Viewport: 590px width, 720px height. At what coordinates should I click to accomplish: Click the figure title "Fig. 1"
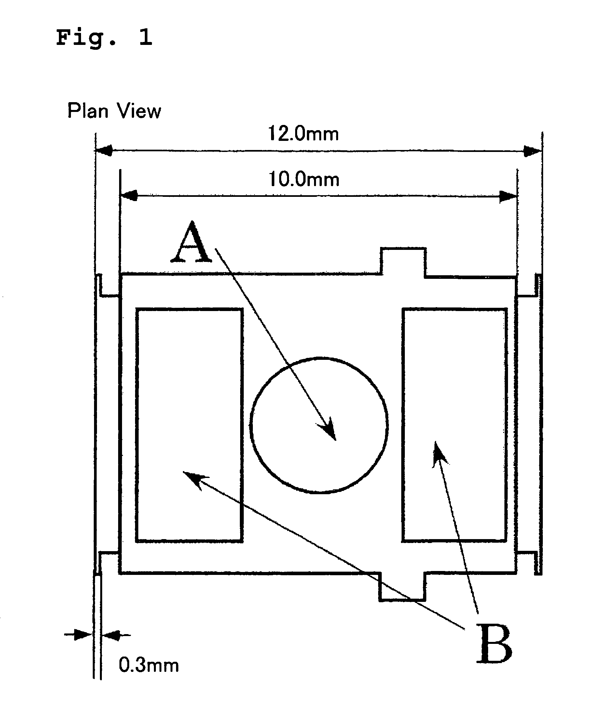pyautogui.click(x=104, y=38)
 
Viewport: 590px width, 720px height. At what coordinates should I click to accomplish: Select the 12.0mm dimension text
pyautogui.click(x=303, y=133)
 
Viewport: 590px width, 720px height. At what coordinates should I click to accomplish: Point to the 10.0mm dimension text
pyautogui.click(x=304, y=179)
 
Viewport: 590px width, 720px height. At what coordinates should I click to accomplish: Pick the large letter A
pyautogui.click(x=191, y=243)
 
